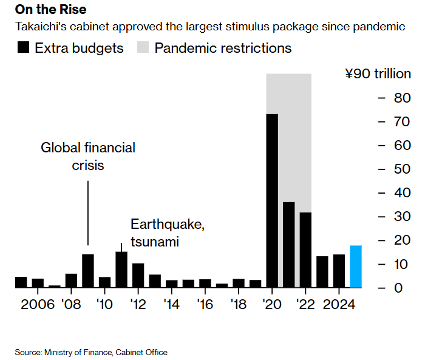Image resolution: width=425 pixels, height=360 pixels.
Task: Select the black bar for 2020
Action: tap(272, 200)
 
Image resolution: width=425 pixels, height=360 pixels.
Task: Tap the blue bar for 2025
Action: tap(356, 267)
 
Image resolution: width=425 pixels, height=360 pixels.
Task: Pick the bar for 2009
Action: tap(88, 271)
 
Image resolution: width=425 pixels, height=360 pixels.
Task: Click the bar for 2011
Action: tap(121, 270)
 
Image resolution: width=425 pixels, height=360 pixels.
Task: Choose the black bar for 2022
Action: tap(305, 250)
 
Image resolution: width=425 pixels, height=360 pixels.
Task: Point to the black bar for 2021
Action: tap(289, 245)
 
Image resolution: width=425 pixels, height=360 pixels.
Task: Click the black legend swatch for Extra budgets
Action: tap(24, 48)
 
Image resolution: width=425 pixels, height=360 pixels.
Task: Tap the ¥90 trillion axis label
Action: tap(378, 74)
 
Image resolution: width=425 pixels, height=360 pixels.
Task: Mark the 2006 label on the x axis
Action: tap(38, 304)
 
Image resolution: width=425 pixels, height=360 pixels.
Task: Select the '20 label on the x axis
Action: tap(272, 304)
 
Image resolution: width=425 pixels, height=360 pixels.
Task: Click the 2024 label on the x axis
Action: tap(339, 304)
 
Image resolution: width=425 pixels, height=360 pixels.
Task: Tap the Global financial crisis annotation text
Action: tap(87, 156)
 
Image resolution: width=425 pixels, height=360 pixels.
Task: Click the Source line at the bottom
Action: tap(91, 352)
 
